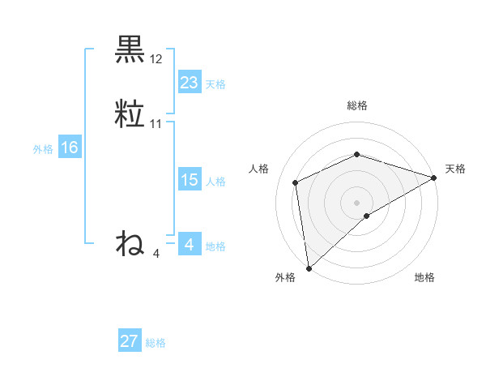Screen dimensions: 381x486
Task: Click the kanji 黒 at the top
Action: click(x=130, y=50)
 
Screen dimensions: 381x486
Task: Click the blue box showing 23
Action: click(x=189, y=82)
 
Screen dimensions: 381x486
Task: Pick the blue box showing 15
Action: click(x=189, y=180)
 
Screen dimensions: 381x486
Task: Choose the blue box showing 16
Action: click(x=69, y=148)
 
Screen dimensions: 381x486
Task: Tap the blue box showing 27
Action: click(x=130, y=341)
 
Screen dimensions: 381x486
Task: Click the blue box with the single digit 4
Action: click(x=189, y=245)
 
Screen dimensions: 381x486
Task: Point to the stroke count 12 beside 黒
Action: click(x=156, y=59)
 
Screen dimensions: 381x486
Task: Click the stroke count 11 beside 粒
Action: click(x=156, y=124)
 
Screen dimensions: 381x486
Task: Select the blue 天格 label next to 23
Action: click(x=215, y=84)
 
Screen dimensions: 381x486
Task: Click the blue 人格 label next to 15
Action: click(x=215, y=182)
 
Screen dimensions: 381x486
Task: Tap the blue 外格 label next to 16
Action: click(x=43, y=149)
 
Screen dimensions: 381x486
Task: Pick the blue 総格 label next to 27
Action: click(x=156, y=343)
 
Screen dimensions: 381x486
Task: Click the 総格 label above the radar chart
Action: click(x=356, y=105)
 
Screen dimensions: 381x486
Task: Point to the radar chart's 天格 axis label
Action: click(x=455, y=169)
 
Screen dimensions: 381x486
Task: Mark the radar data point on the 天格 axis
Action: click(x=434, y=177)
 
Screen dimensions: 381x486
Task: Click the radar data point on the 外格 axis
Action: click(x=309, y=268)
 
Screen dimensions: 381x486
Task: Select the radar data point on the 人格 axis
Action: click(x=296, y=182)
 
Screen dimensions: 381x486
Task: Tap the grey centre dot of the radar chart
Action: click(x=356, y=202)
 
